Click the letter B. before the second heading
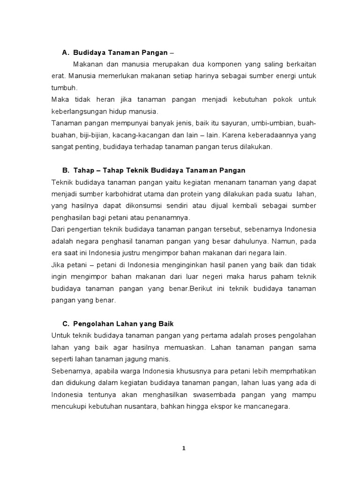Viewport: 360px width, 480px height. click(x=66, y=169)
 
